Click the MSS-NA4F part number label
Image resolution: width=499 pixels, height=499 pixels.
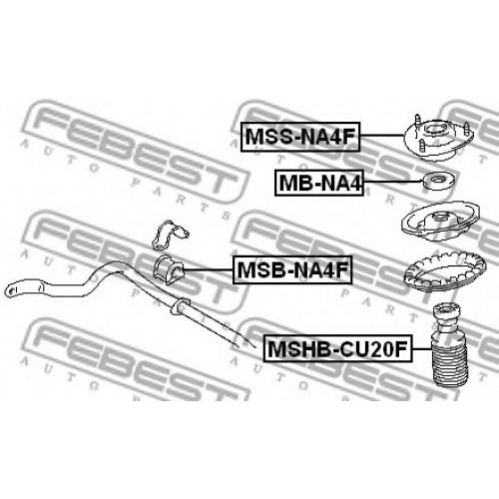(300, 137)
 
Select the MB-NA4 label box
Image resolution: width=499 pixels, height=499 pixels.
(319, 183)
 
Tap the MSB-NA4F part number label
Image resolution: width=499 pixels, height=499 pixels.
(292, 269)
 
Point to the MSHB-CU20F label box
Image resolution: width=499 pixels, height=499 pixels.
(338, 348)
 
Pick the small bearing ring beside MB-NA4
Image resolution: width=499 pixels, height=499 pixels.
(440, 182)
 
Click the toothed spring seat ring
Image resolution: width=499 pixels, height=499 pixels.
(444, 271)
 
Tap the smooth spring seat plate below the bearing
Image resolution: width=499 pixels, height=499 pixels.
(440, 223)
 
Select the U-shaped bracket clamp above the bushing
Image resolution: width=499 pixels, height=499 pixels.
(170, 235)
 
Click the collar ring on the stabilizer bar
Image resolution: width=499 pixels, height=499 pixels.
(180, 305)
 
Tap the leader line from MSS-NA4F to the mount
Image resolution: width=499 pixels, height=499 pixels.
(382, 136)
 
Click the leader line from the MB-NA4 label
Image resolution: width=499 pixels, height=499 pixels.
(393, 182)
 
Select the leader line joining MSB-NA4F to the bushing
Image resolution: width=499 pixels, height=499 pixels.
(208, 269)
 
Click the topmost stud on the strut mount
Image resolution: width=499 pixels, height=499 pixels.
(417, 120)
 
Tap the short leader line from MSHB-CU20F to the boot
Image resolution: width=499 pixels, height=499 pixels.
(422, 348)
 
